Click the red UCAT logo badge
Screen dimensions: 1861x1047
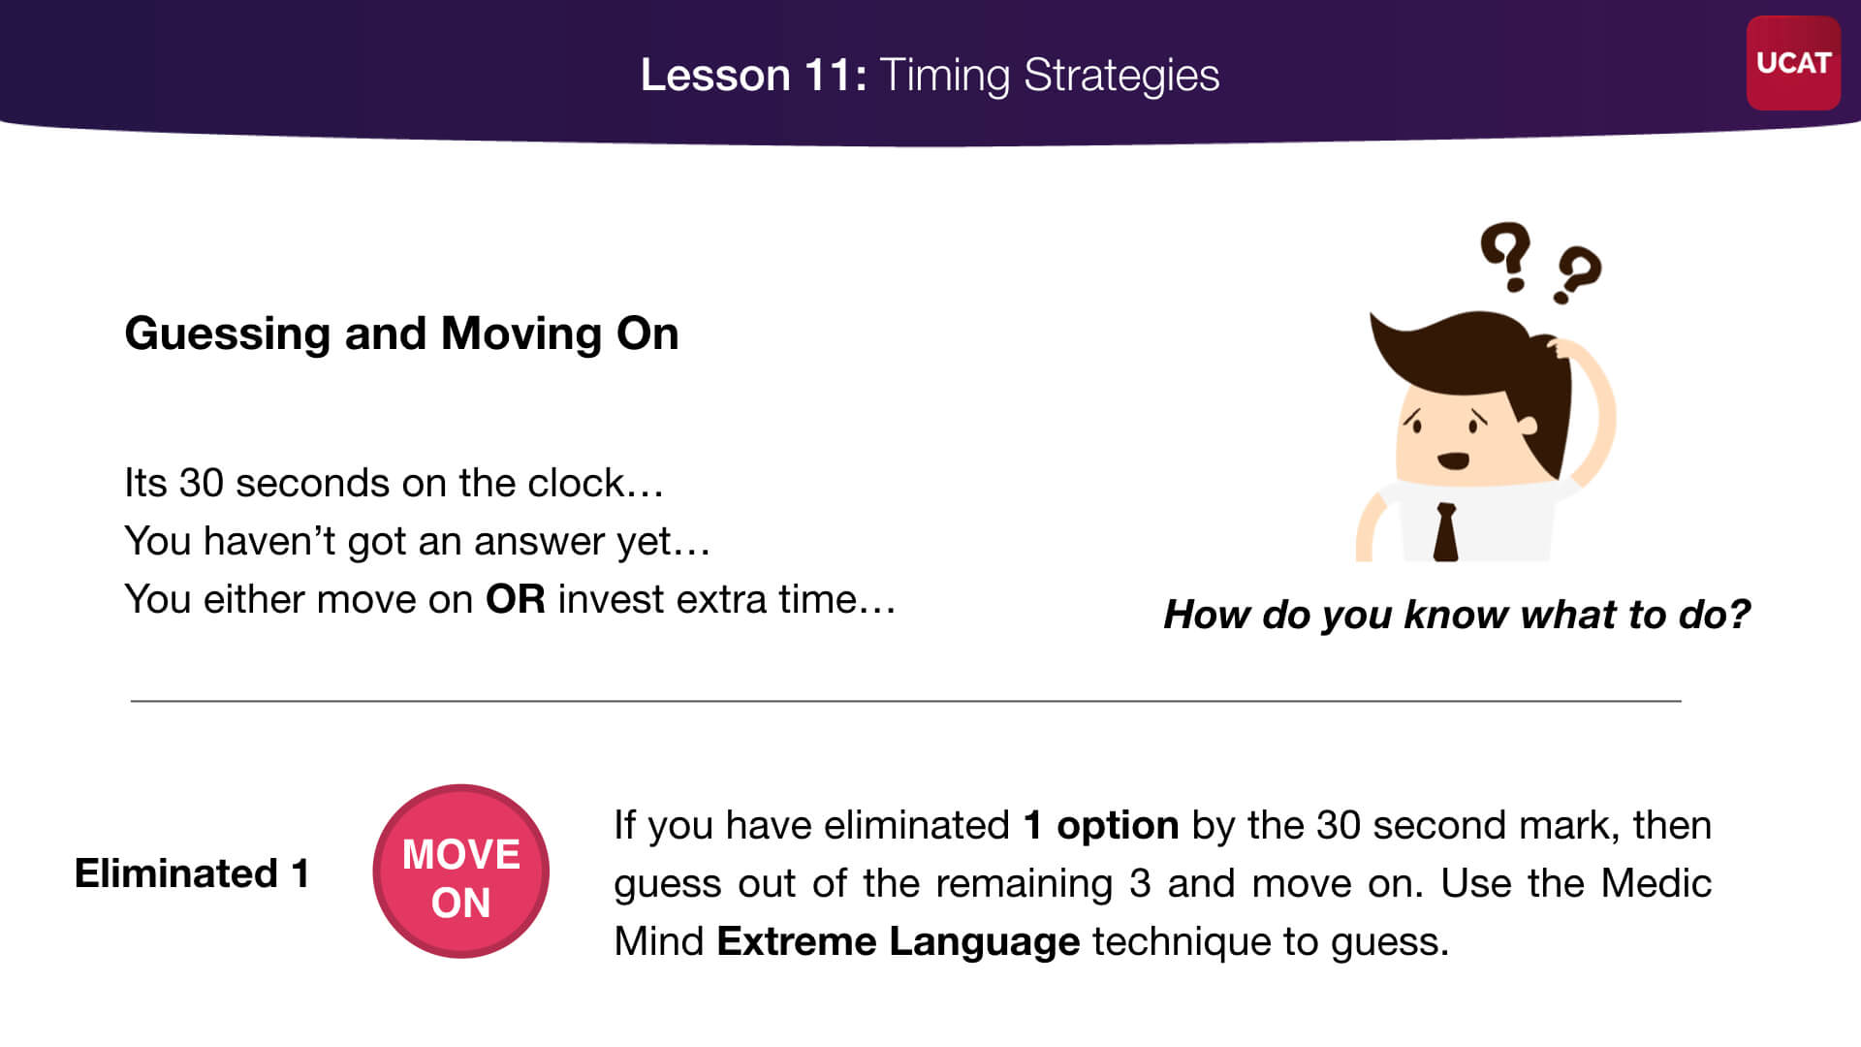tap(1793, 63)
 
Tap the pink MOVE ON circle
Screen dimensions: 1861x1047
tap(461, 872)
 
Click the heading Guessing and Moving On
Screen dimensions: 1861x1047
tap(401, 334)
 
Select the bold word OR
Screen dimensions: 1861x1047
tap(516, 599)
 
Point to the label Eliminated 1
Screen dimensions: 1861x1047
tap(192, 873)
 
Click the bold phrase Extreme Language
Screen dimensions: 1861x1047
tap(898, 942)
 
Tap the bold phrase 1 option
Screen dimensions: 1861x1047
tap(1101, 826)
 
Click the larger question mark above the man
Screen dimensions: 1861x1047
tap(1505, 255)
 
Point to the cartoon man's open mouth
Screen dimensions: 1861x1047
tap(1452, 460)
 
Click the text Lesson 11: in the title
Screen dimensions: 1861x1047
tap(753, 76)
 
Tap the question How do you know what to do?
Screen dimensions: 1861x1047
tap(1457, 615)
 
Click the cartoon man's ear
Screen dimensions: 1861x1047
tap(1528, 425)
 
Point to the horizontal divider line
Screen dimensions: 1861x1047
tap(905, 700)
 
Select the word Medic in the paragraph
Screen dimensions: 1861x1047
tap(1656, 884)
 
